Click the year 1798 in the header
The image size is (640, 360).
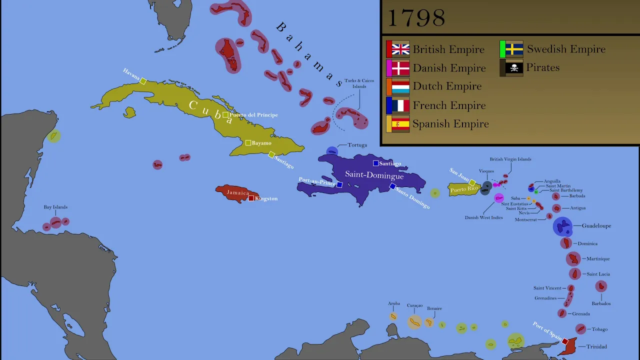(x=416, y=18)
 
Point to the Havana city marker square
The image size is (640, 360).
(x=143, y=81)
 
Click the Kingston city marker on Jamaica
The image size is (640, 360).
(x=251, y=198)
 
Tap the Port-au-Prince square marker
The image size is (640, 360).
(x=339, y=184)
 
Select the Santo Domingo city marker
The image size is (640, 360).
(x=392, y=186)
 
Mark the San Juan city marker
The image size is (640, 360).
(x=472, y=182)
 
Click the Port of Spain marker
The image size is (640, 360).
(x=565, y=341)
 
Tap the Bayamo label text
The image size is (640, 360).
(x=261, y=143)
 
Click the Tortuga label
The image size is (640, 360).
(x=357, y=145)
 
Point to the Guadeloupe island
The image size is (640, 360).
(x=562, y=226)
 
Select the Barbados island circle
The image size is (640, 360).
(x=601, y=286)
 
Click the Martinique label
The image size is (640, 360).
(x=598, y=259)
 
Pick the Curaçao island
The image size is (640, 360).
(x=414, y=321)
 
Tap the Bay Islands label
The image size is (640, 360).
(x=55, y=207)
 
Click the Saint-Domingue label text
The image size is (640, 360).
(x=374, y=175)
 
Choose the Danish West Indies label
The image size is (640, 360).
(x=483, y=217)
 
